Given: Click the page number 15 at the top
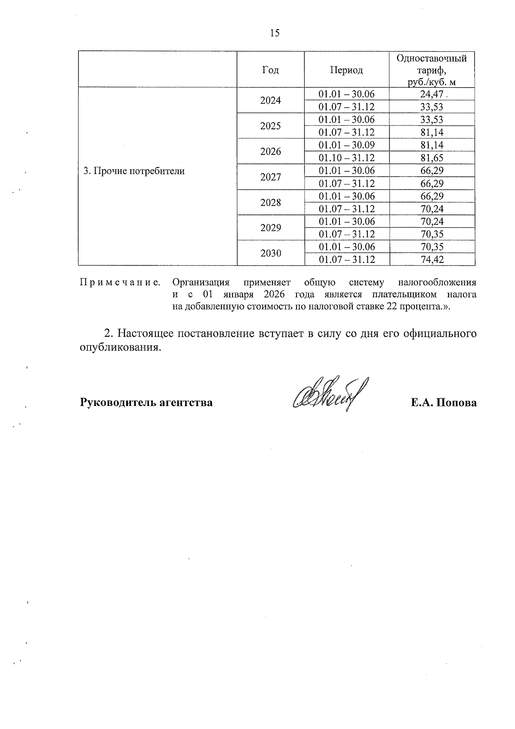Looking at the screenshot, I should (x=275, y=33).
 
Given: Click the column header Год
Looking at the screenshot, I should (x=270, y=70).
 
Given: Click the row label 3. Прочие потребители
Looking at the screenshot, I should (x=134, y=171).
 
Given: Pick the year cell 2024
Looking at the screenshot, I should (x=270, y=101).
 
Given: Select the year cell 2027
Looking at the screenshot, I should (x=270, y=177).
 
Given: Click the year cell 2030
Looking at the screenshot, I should (x=270, y=253).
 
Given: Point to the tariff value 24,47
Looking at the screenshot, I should (x=431, y=94).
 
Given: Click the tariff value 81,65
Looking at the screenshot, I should (x=432, y=158).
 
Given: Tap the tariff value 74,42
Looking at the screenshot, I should (x=432, y=259).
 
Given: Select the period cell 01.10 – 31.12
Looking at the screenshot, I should (x=346, y=158).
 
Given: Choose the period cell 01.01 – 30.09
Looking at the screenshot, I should (x=346, y=145).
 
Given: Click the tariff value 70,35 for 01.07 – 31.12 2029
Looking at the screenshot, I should (x=432, y=234).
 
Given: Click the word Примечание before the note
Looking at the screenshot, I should (x=121, y=283).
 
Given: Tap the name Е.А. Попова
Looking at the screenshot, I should (x=443, y=403).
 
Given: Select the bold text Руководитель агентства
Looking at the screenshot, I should (x=146, y=403).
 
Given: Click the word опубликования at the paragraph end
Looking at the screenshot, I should (x=121, y=348).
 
